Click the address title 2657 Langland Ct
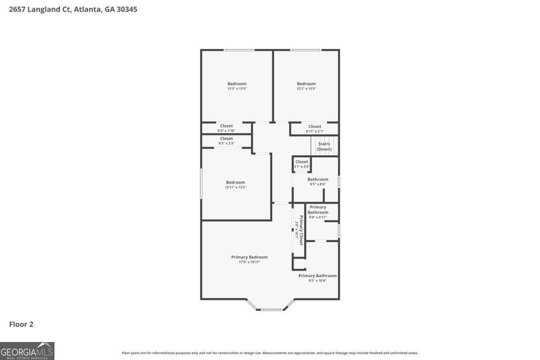[x=73, y=9]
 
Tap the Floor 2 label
[x=21, y=324]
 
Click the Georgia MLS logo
[x=27, y=351]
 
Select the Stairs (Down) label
[x=324, y=147]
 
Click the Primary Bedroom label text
[x=249, y=257]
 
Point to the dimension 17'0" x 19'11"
[x=249, y=262]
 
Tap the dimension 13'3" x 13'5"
[x=237, y=89]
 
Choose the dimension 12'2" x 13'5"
[x=306, y=89]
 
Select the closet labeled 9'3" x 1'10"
[x=226, y=128]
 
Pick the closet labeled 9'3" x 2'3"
[x=226, y=141]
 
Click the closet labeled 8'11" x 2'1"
[x=315, y=129]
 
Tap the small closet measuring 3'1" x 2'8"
[x=301, y=164]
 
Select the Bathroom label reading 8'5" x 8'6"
[x=318, y=182]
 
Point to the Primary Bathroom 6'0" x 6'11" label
[x=318, y=212]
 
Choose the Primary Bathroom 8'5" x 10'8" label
[x=317, y=278]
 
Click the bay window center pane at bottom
[x=272, y=310]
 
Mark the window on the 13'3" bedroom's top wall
[x=239, y=50]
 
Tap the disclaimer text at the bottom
[x=270, y=353]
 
